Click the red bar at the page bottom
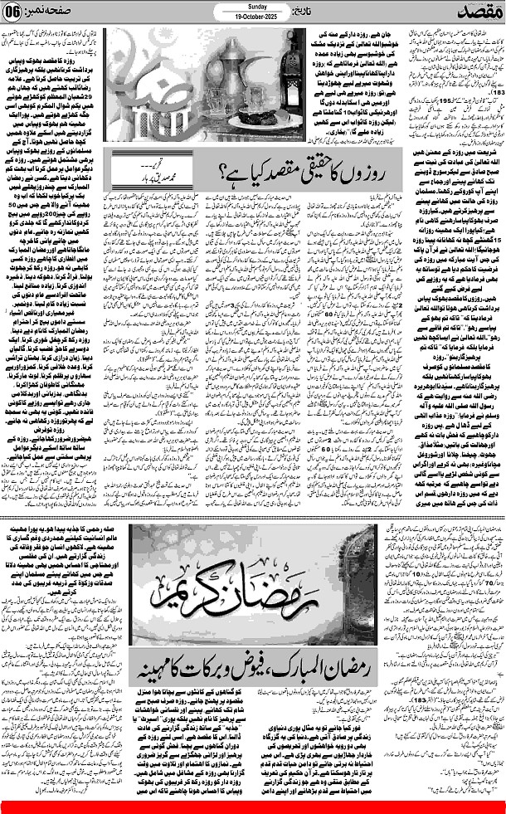253,806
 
